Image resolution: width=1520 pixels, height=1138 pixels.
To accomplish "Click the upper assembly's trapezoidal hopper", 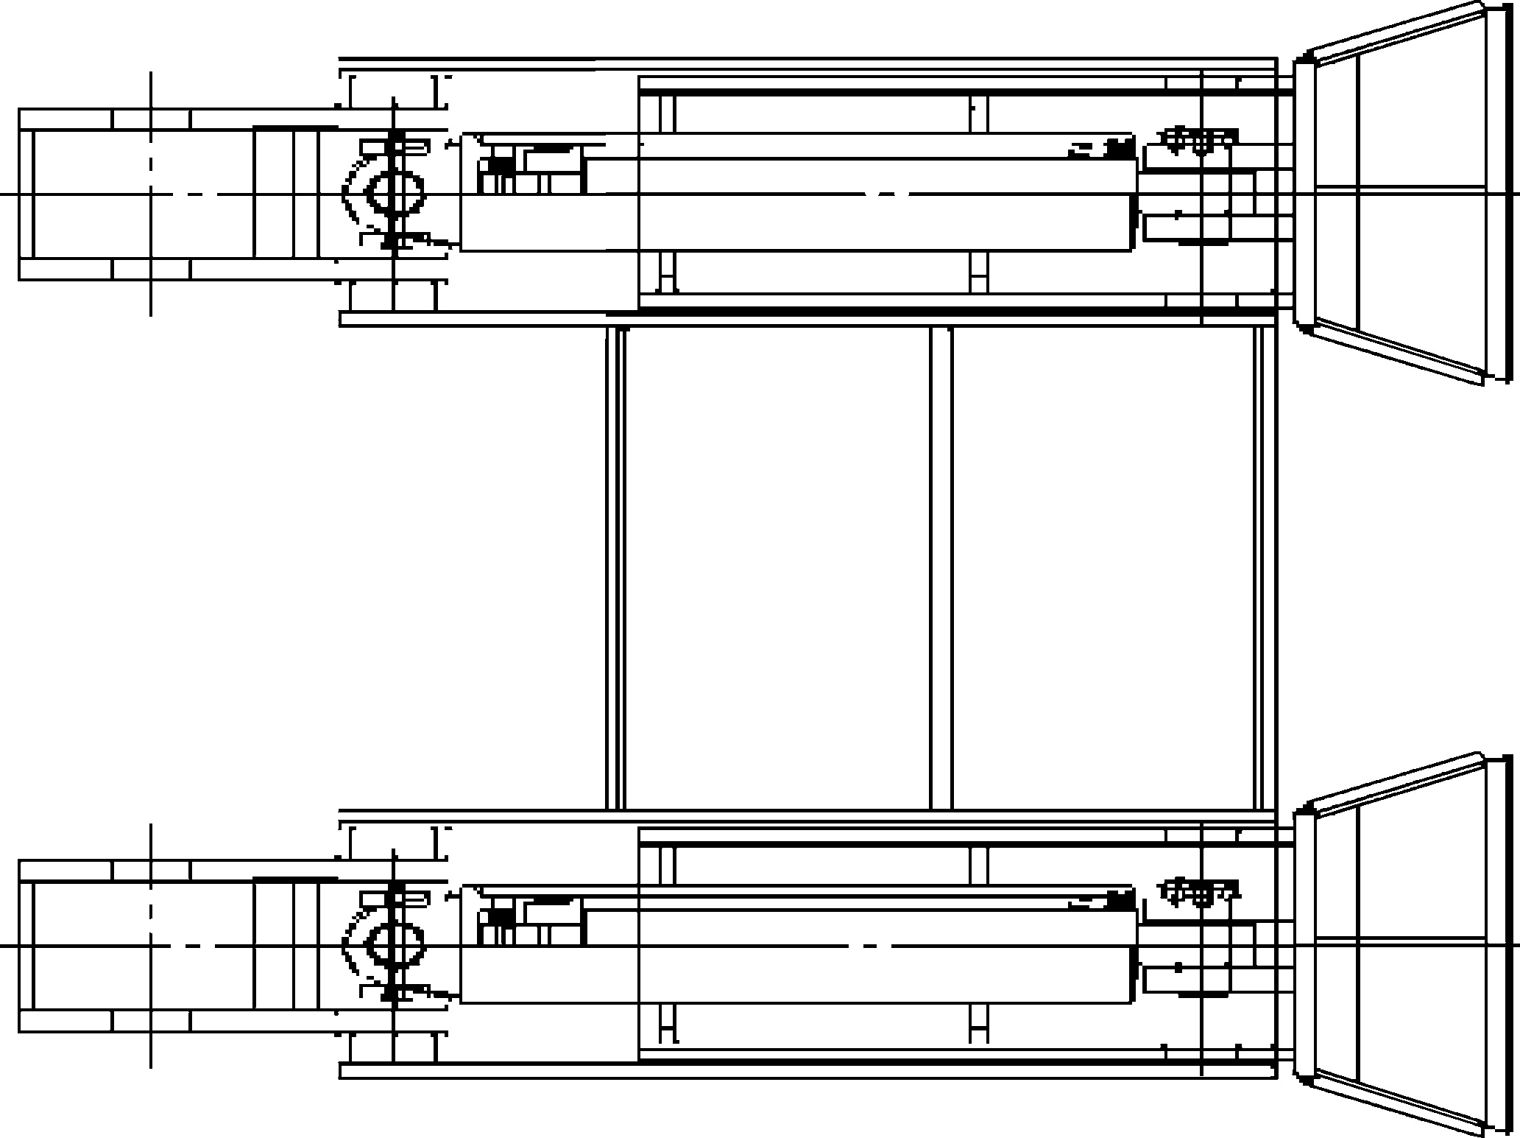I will (x=1399, y=193).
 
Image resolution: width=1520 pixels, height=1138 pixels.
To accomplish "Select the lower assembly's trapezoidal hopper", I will (x=1399, y=944).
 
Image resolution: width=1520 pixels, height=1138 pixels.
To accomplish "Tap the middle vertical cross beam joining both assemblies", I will (x=940, y=567).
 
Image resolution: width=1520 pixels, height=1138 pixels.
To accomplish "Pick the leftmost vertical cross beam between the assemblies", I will (x=615, y=567).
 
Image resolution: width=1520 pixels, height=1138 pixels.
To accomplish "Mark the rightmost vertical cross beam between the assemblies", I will (x=1264, y=567).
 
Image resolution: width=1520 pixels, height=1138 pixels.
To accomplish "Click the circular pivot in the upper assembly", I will (x=395, y=193).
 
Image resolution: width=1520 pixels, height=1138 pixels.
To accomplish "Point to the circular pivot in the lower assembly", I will (x=395, y=944).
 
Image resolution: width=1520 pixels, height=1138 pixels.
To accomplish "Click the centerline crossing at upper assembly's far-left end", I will (x=151, y=194).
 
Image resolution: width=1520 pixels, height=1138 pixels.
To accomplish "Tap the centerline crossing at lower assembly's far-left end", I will (x=151, y=945).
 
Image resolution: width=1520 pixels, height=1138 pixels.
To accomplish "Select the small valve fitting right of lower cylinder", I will (x=1200, y=891).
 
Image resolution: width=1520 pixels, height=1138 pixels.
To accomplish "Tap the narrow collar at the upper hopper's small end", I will (x=1304, y=193).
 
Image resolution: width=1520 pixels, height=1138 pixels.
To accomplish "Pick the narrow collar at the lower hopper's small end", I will (x=1304, y=944).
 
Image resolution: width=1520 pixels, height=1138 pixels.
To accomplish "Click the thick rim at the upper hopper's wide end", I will (x=1494, y=193).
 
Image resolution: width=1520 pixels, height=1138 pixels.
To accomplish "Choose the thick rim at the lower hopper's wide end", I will (x=1494, y=944).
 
